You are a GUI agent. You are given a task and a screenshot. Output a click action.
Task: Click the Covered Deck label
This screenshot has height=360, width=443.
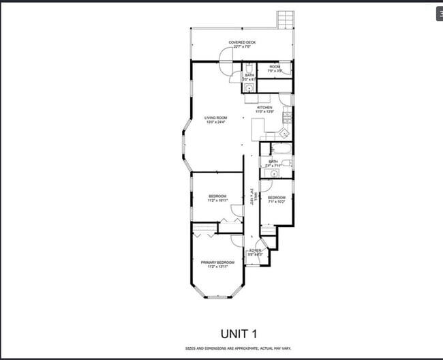click(x=242, y=42)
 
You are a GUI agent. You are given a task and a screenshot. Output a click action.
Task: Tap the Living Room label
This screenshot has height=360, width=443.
click(x=215, y=117)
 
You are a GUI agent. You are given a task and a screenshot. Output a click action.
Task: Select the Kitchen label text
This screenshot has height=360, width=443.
click(x=264, y=107)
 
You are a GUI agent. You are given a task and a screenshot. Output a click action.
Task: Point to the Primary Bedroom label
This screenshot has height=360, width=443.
click(x=217, y=262)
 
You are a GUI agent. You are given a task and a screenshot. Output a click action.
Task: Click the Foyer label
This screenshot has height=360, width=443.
click(x=256, y=250)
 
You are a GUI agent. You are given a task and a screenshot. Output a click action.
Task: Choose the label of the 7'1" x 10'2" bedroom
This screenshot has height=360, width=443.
click(x=276, y=197)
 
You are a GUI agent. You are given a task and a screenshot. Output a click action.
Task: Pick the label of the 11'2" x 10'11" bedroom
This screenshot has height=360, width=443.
click(x=217, y=196)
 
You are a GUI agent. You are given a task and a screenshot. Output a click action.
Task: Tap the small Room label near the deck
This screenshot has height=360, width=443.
click(x=275, y=66)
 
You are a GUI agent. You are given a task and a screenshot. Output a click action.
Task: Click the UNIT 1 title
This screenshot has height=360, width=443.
click(x=238, y=333)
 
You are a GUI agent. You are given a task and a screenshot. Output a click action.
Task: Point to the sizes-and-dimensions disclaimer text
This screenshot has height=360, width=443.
click(x=238, y=348)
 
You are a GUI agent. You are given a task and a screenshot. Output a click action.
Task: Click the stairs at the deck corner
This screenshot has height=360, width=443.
click(x=284, y=19)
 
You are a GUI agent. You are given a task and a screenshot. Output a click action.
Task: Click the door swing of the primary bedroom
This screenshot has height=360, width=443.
click(x=236, y=241)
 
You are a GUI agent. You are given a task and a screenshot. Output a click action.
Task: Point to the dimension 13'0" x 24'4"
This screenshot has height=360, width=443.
click(x=215, y=122)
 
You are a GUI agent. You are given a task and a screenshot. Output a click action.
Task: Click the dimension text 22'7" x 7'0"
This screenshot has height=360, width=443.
click(x=242, y=47)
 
